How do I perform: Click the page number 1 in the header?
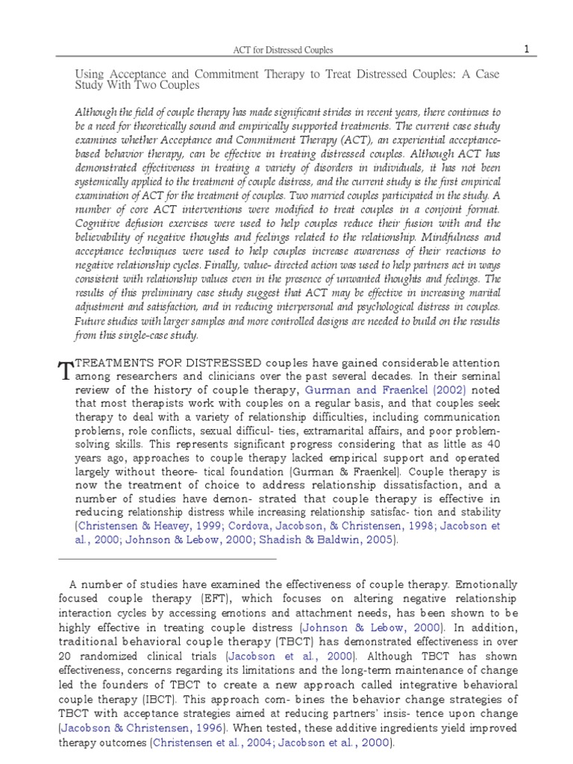click(526, 49)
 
